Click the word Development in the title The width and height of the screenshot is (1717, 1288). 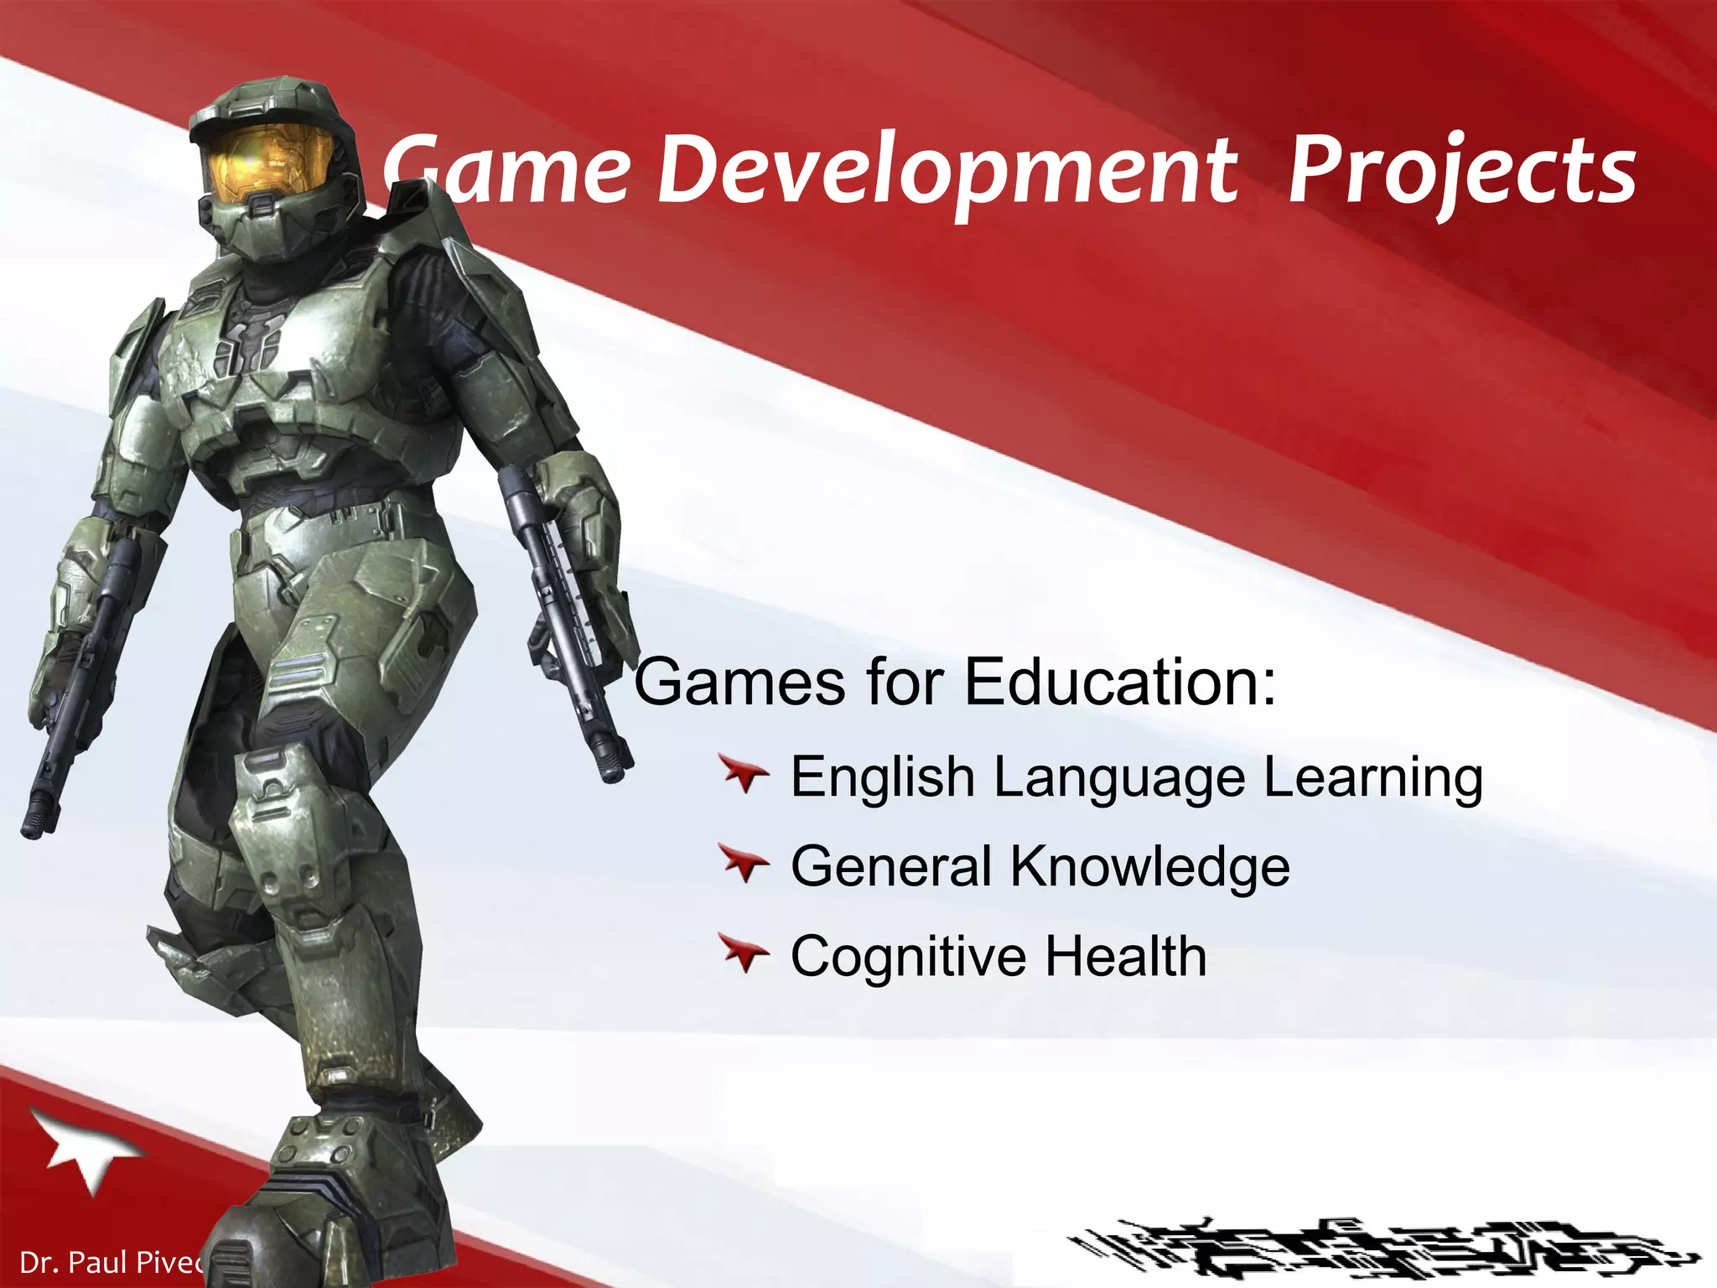click(947, 172)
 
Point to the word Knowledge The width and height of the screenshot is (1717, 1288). click(1149, 866)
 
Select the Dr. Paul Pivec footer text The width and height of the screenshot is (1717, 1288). click(109, 1261)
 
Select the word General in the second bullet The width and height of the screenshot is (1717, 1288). click(891, 866)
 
